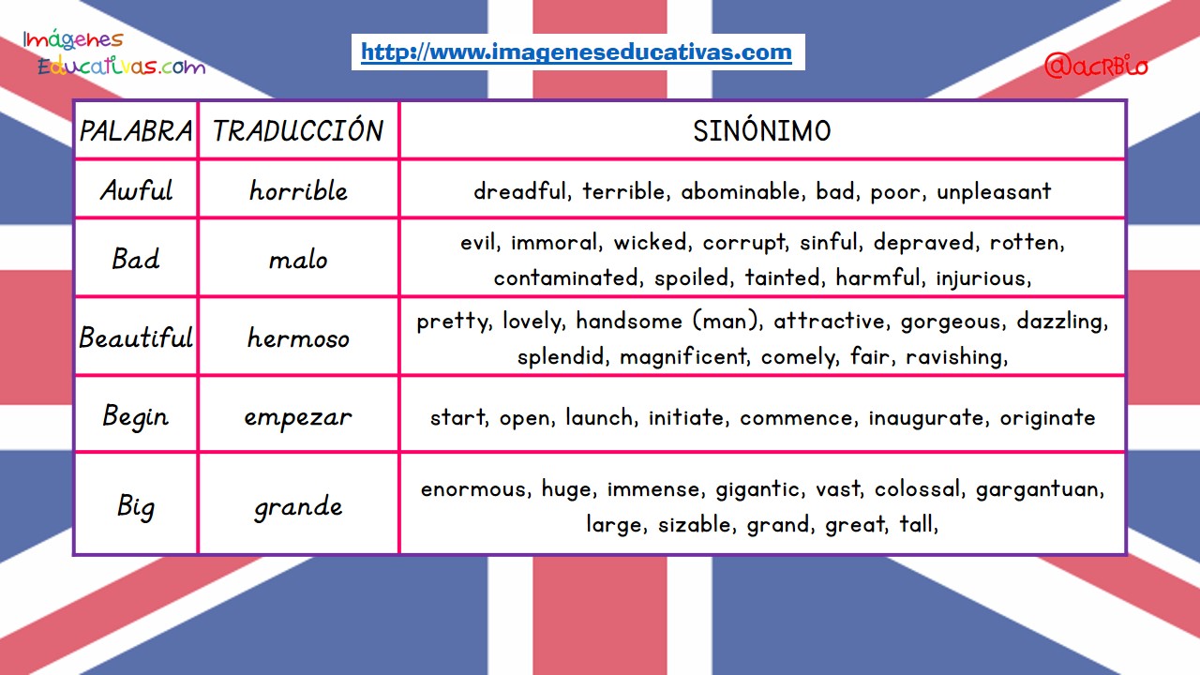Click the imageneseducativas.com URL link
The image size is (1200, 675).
(x=577, y=52)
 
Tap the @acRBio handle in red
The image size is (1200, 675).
(x=1096, y=67)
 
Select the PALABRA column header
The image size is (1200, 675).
(x=136, y=131)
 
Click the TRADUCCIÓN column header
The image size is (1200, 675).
(x=298, y=130)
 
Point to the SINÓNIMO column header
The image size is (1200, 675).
(x=762, y=130)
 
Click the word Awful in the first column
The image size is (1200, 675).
(x=137, y=190)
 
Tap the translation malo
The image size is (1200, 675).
(x=298, y=260)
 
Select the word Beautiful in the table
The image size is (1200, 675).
(x=136, y=337)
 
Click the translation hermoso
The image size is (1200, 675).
(x=298, y=338)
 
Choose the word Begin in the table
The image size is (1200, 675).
(x=136, y=417)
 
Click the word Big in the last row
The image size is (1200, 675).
(x=136, y=507)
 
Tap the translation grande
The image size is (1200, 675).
(x=298, y=507)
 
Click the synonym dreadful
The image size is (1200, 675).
(x=519, y=191)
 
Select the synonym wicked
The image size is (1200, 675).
(x=650, y=242)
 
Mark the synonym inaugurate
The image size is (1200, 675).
(x=926, y=418)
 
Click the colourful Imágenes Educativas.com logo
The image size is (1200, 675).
(x=114, y=52)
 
